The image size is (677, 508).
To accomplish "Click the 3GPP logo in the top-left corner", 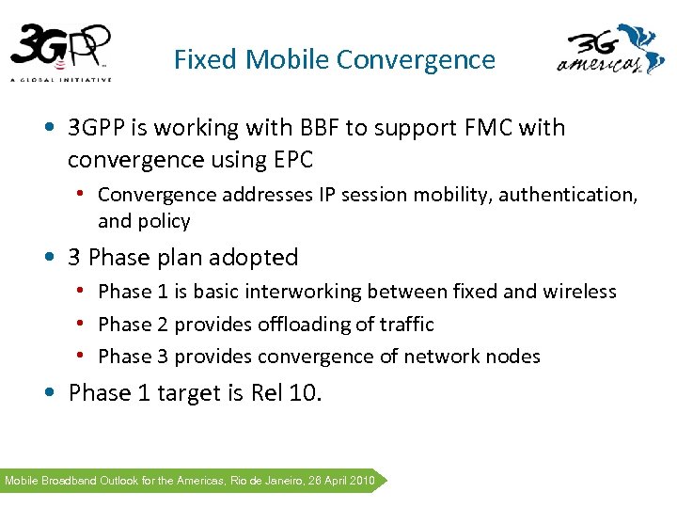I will (61, 51).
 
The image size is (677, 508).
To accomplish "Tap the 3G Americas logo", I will (611, 53).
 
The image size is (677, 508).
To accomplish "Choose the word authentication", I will (567, 195).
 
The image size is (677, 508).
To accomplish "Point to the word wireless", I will (580, 292).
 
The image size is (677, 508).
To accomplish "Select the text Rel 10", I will (286, 392).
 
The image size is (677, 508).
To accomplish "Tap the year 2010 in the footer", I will (360, 481).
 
